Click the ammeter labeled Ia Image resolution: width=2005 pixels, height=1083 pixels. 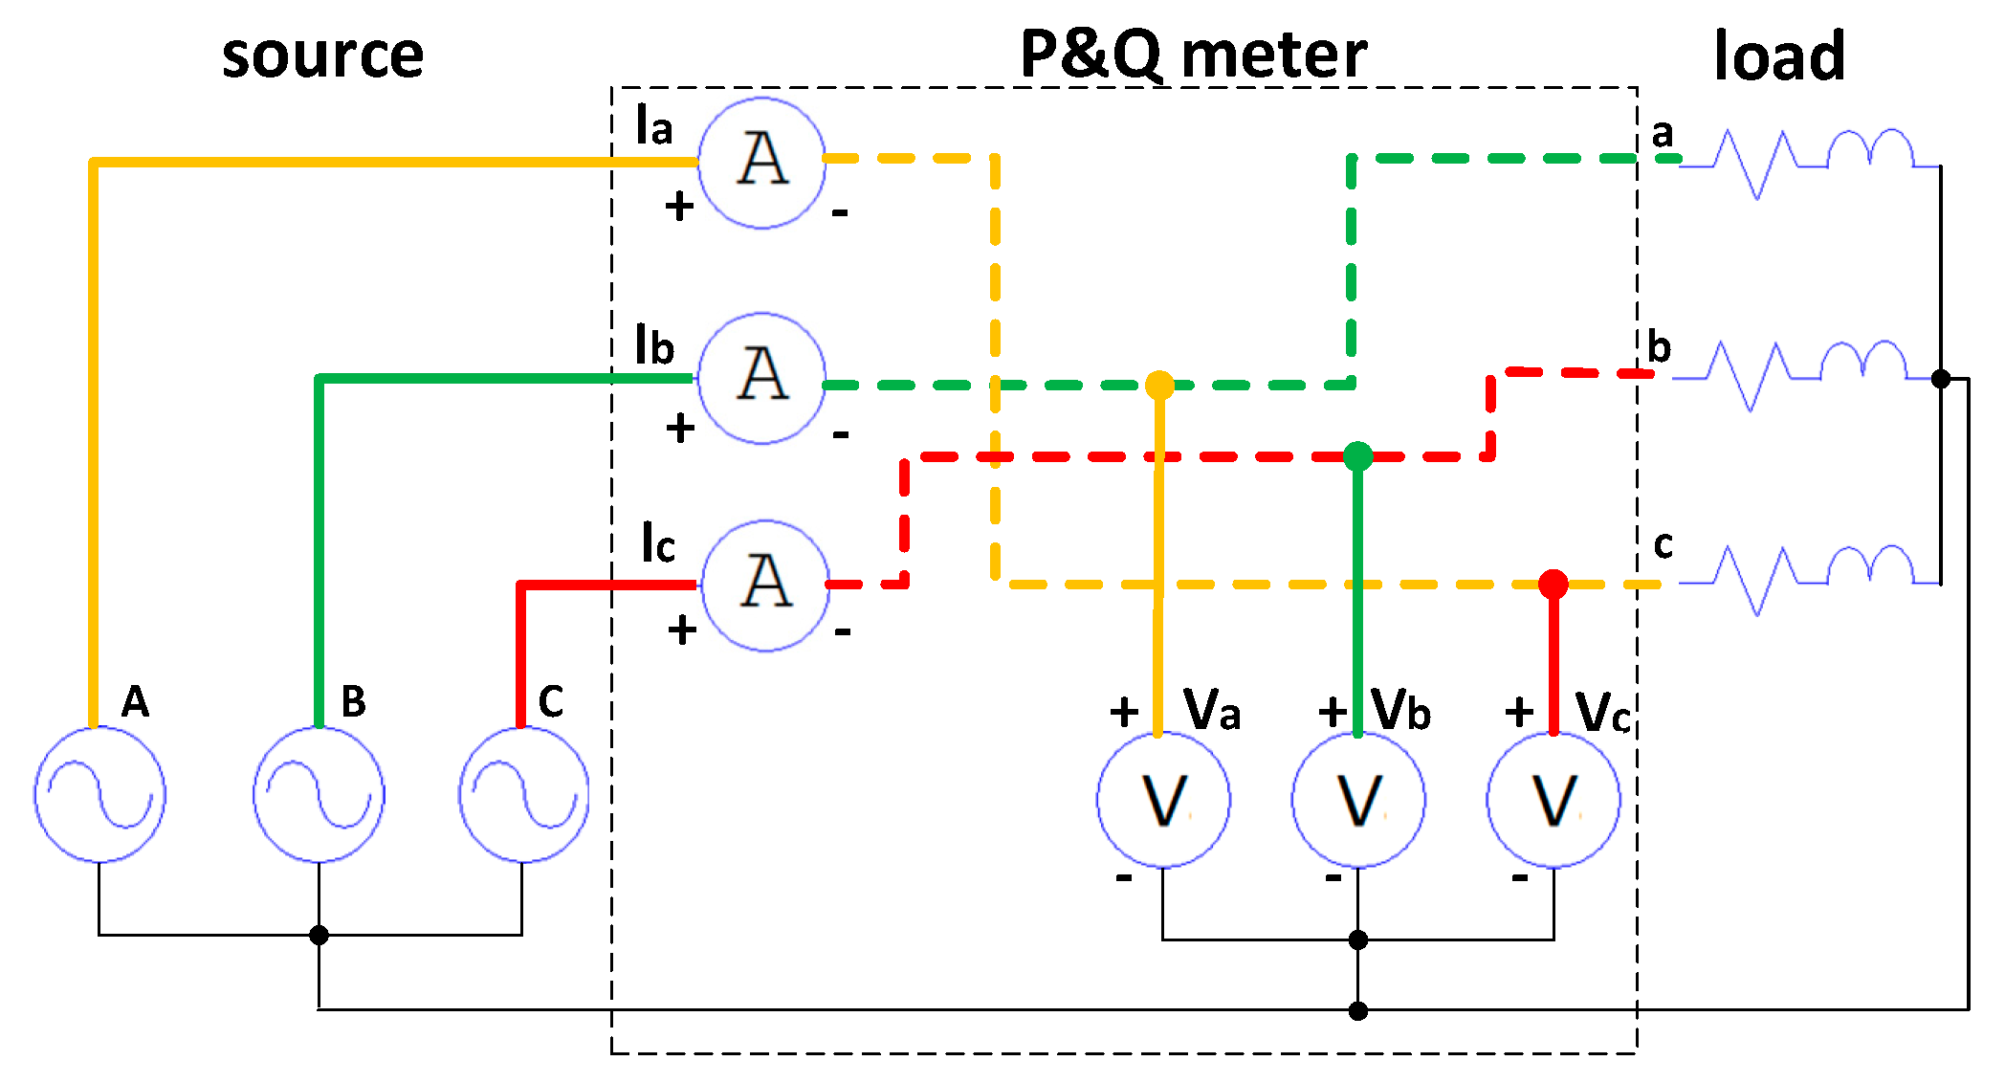761,163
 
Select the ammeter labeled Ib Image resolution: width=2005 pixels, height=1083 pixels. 761,378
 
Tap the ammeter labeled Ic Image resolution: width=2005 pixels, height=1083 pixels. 765,586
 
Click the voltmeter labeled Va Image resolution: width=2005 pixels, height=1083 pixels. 1163,800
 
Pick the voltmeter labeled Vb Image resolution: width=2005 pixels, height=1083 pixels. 1358,800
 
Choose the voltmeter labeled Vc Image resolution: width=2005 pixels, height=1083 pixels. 1553,800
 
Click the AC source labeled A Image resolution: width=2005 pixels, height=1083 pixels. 99,794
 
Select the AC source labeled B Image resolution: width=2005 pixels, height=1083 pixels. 319,794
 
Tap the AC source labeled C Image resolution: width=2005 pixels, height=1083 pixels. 523,794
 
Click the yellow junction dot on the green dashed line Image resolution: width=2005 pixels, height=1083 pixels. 1159,385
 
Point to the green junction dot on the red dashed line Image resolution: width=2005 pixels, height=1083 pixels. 1357,456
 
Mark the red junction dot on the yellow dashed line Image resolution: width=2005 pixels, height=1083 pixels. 1553,583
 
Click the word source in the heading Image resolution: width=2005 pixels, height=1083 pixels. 322,55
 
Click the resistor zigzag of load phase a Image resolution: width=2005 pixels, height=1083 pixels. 1755,164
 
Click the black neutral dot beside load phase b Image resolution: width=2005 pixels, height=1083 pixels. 1941,379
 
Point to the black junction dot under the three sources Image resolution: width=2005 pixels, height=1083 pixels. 319,935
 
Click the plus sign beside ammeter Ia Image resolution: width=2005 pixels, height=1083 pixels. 679,206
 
